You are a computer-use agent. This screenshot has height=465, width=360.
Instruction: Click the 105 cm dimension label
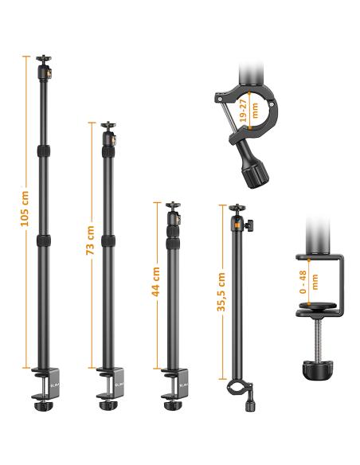(25, 209)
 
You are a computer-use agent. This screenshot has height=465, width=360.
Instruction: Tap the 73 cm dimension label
(90, 240)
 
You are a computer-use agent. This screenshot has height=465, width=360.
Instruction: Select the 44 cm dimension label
(155, 282)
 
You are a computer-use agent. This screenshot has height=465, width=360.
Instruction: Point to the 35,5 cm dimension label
(221, 291)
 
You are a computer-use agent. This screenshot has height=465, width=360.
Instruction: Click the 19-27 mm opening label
(248, 111)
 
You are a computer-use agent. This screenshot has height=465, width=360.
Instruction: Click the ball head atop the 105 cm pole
(44, 67)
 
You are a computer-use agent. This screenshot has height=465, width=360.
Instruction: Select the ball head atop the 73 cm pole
(109, 134)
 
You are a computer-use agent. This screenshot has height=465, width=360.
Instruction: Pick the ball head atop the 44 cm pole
(173, 213)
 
